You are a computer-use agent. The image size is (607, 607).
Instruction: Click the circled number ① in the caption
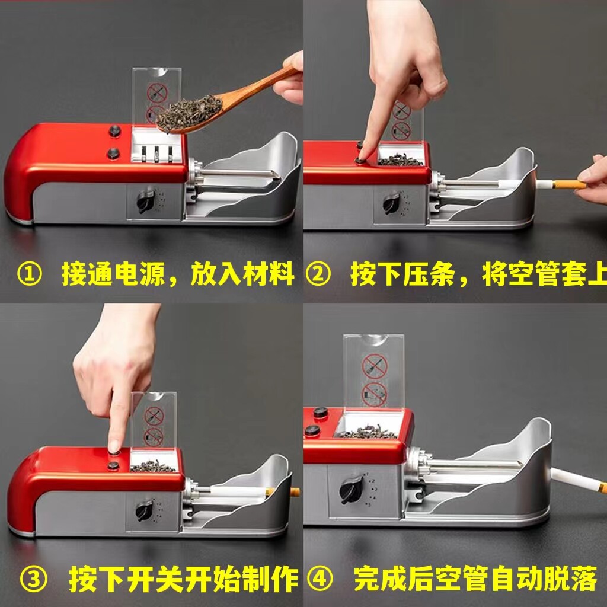click(x=30, y=274)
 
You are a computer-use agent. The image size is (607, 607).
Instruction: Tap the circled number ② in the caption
click(x=318, y=274)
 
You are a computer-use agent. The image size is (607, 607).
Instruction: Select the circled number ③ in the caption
click(x=33, y=580)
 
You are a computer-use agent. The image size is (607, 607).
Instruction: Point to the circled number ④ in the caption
click(x=320, y=579)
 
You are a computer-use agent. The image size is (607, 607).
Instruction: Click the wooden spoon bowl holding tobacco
click(x=190, y=113)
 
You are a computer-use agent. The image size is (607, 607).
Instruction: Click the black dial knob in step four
click(x=351, y=490)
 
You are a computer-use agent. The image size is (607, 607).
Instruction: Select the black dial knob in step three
click(x=144, y=510)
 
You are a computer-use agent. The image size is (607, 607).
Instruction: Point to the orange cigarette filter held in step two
click(x=568, y=184)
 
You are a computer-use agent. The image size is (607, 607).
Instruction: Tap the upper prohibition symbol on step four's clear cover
click(x=375, y=366)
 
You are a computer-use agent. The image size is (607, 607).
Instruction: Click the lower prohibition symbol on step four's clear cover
click(x=375, y=394)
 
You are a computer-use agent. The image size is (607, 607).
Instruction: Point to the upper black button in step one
click(x=114, y=131)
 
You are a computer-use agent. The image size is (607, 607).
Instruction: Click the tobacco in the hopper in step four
click(x=368, y=432)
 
